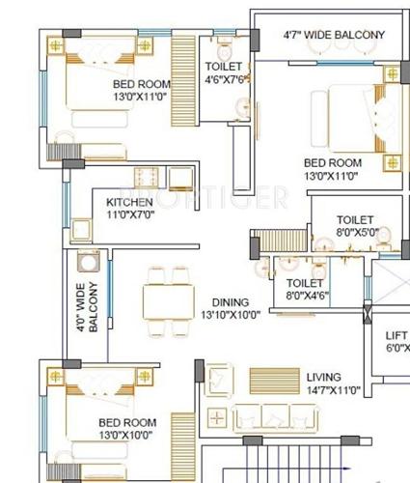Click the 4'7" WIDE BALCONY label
pos(333,35)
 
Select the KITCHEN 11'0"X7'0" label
pos(129,208)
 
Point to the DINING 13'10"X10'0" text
pos(231,308)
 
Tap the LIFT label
pos(396,341)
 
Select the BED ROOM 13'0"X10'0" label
pos(126,429)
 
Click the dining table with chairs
pos(166,300)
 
